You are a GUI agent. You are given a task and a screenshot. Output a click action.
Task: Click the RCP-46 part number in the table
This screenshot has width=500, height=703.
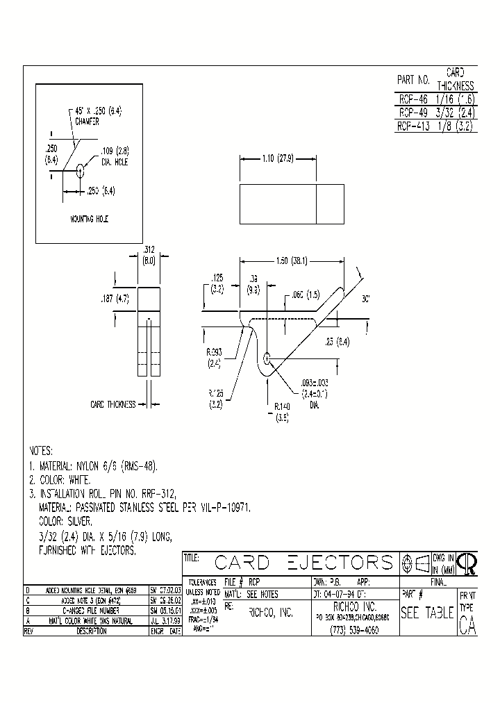(412, 99)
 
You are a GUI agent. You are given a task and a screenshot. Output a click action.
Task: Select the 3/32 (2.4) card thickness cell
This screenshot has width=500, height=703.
(455, 113)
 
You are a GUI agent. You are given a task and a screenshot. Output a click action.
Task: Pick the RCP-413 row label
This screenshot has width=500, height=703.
(413, 126)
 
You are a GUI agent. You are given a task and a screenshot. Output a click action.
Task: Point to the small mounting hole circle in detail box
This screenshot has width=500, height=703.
(81, 169)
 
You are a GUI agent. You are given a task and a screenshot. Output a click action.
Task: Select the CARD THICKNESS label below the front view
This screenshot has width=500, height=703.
(113, 404)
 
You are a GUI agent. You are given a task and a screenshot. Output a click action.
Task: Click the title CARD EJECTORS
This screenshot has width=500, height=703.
(303, 562)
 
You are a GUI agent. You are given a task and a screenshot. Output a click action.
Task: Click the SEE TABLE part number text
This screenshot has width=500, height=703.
(427, 613)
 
